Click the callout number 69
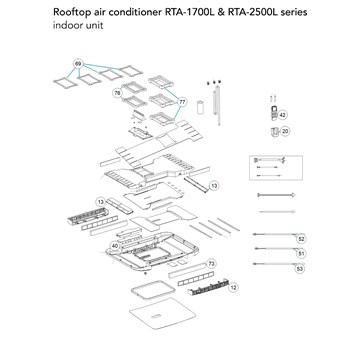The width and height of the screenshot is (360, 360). point(78,64)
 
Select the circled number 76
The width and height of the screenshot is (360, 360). point(117,93)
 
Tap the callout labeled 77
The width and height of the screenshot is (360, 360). point(182,102)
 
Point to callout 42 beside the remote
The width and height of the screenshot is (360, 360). point(283,115)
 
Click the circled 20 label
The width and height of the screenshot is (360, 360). point(285,131)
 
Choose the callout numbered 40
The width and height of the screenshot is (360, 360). point(115,246)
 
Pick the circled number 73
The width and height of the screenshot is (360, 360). point(211,264)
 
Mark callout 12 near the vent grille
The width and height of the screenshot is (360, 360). point(234,287)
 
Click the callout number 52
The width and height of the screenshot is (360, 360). point(301,239)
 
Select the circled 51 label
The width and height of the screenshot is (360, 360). point(301,254)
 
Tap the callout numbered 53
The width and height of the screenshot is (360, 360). point(301,268)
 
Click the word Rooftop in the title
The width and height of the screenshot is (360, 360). point(71,13)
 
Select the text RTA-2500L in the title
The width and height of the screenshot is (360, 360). point(249,12)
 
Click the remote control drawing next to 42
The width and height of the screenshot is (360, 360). point(274,113)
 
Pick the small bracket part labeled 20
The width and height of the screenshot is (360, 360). point(274,131)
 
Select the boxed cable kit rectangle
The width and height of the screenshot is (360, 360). point(276,168)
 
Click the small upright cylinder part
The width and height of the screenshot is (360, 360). point(201,107)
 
